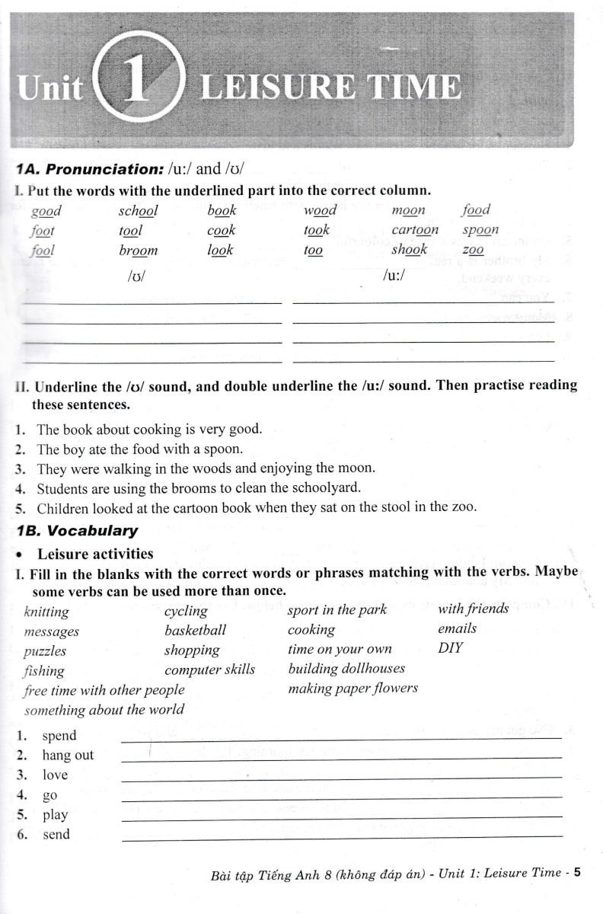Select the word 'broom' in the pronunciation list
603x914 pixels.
139,250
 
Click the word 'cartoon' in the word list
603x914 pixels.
415,229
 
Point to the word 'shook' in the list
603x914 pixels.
410,250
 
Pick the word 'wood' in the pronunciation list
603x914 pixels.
321,210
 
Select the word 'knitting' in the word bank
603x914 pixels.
46,612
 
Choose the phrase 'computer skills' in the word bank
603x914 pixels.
210,670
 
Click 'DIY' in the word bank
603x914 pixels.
450,649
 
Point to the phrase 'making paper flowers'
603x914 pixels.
353,688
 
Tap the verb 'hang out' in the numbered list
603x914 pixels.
68,755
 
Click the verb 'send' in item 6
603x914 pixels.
56,834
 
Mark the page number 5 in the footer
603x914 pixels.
577,873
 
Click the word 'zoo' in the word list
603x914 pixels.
473,250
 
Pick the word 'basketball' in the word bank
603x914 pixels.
195,630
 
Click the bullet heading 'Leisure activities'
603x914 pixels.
95,554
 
